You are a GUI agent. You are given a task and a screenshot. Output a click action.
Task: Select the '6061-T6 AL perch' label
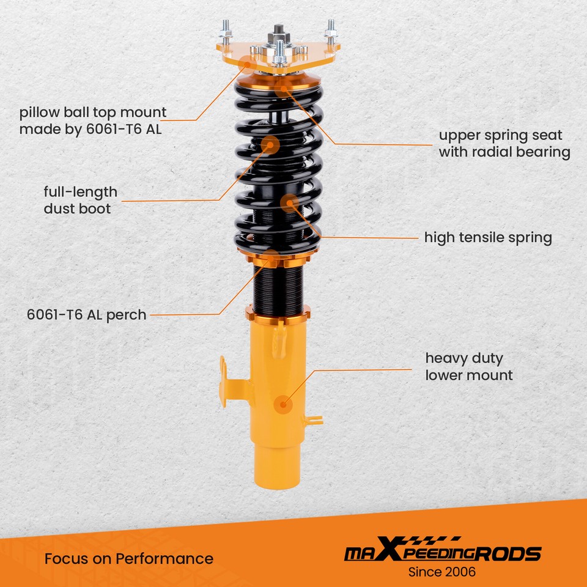click(x=86, y=315)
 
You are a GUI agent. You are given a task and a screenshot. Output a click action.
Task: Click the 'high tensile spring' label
click(x=488, y=237)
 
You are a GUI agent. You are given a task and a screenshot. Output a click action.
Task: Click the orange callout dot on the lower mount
click(x=282, y=402)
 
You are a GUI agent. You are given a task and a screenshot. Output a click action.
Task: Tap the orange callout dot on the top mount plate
click(x=248, y=62)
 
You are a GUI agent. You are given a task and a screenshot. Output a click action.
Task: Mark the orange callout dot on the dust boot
click(x=270, y=145)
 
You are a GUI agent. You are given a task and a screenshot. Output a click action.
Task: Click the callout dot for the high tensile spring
click(x=289, y=202)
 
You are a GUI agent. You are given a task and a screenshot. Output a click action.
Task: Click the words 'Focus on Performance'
click(x=129, y=558)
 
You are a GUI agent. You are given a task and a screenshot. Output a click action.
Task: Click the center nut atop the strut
click(x=279, y=30)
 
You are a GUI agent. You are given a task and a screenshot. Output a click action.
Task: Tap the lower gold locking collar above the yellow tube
click(x=278, y=314)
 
